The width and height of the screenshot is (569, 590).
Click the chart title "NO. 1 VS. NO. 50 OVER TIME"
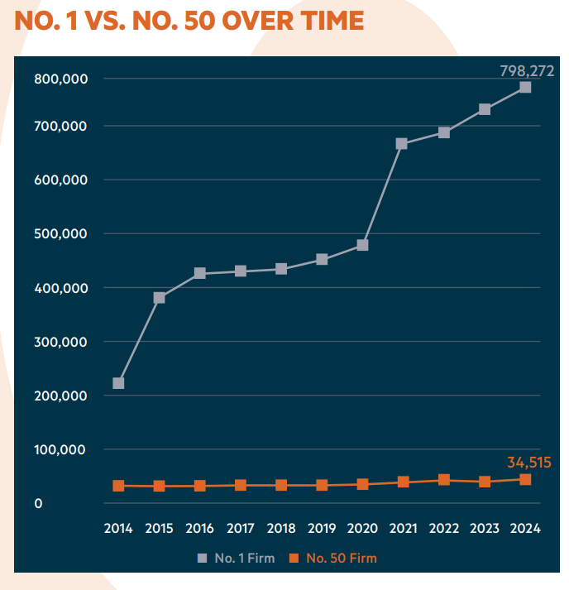pos(189,21)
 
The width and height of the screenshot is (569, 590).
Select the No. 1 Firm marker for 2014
pos(119,383)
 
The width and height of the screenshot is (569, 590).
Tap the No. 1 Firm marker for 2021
pos(402,144)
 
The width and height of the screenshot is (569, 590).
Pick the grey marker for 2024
pos(525,88)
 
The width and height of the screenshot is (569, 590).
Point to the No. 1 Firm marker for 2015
pos(160,298)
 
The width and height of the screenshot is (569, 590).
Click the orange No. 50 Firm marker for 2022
pos(444,480)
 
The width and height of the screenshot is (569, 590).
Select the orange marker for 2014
pos(119,486)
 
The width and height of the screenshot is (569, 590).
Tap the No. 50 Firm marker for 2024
pos(525,479)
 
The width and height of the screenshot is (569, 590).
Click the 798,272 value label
pos(527,71)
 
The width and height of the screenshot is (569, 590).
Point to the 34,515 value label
pos(528,462)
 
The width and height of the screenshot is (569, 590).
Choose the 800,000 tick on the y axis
pos(61,79)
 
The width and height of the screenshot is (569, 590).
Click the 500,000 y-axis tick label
pos(61,234)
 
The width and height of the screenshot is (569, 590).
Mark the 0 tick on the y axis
pos(38,503)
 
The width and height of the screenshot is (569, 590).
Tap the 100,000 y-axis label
pos(61,450)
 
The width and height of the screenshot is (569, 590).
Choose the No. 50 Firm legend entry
pos(334,559)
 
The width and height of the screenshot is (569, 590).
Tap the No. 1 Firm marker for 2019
pos(322,260)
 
